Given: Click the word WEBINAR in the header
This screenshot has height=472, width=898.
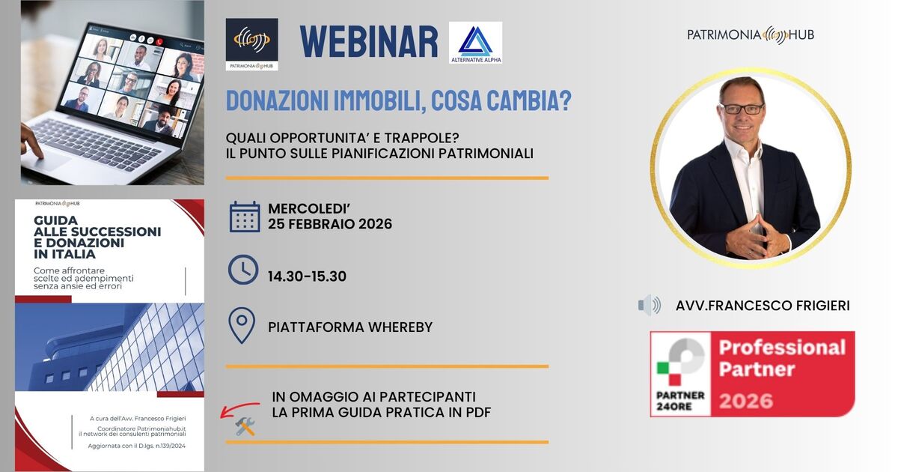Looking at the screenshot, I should pyautogui.click(x=369, y=42).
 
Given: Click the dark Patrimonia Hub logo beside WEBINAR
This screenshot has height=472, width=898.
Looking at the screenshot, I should pyautogui.click(x=251, y=43).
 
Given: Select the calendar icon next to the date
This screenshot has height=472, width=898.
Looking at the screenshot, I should pyautogui.click(x=245, y=217).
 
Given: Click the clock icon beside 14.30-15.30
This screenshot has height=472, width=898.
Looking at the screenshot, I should pyautogui.click(x=243, y=270).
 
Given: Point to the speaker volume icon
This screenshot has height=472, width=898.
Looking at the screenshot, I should pyautogui.click(x=650, y=305).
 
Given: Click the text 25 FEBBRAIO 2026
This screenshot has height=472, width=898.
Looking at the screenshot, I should pyautogui.click(x=330, y=224).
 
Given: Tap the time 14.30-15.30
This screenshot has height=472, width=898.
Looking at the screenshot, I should pyautogui.click(x=307, y=276).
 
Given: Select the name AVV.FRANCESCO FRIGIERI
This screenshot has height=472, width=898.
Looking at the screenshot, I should pyautogui.click(x=763, y=306).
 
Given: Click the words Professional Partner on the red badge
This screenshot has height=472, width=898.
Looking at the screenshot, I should pyautogui.click(x=782, y=358).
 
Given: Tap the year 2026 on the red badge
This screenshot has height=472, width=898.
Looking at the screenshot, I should pyautogui.click(x=746, y=401).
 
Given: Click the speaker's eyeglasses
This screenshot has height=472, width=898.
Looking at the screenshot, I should pyautogui.click(x=742, y=109).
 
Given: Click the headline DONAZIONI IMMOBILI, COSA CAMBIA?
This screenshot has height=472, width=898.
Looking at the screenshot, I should pyautogui.click(x=399, y=101).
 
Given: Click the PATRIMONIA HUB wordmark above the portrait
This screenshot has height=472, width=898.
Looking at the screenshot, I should pyautogui.click(x=751, y=34).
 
